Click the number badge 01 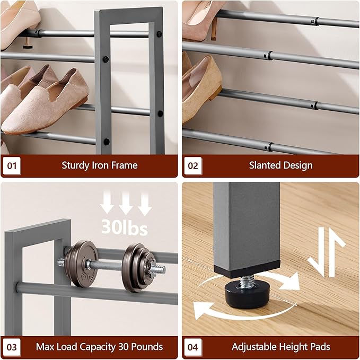[x=11, y=165]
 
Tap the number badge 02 [x=193, y=165]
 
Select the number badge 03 [x=11, y=347]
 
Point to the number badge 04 [x=193, y=347]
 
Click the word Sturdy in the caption [x=75, y=165]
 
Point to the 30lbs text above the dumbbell [x=125, y=227]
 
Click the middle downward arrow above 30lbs [x=125, y=203]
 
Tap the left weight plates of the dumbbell [x=82, y=264]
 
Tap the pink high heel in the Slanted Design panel [x=204, y=16]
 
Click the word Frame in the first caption [x=125, y=165]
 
